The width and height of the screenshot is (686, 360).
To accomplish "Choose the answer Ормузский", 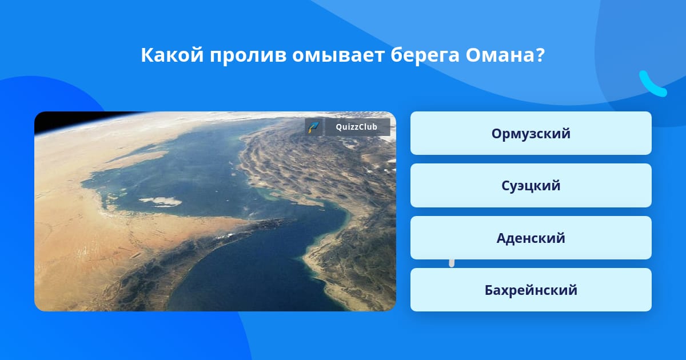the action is pos(531,133).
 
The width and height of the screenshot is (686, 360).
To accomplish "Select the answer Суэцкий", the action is pos(531,185).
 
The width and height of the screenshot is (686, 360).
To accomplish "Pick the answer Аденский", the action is pos(531,238).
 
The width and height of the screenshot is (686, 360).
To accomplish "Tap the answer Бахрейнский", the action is pos(531,290).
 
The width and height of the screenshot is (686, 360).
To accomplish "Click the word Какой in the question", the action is pos(172,55).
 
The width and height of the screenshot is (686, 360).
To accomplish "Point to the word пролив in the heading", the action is pos(248,56).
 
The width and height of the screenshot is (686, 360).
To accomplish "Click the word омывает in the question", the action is pos(338,56).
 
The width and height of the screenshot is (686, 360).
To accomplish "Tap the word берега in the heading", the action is pos(425,56).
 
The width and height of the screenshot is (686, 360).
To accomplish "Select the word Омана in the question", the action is pos(500,55).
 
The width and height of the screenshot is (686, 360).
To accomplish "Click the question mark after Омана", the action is pos(540,55).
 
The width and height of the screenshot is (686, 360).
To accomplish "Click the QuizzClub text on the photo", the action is pos(356,127).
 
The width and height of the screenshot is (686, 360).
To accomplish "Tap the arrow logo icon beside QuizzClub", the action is pos(314,127).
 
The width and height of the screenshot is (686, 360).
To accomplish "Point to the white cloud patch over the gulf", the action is pos(161,201).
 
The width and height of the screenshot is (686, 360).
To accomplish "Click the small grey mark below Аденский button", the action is pos(452,263).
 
